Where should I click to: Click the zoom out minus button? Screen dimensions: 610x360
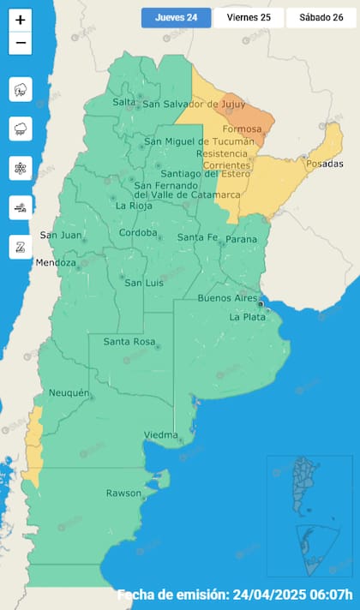pos(21,43)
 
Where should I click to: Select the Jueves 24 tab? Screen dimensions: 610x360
pos(176,17)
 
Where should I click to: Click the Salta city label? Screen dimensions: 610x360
pos(125,103)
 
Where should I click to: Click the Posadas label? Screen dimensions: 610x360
pos(323,164)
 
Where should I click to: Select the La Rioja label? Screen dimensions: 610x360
pos(134,206)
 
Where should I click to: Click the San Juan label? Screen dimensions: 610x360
pos(61,236)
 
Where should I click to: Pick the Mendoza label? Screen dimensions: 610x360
pos(57,262)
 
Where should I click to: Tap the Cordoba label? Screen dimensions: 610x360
pos(138,233)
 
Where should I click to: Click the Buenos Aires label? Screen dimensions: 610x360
pos(227,298)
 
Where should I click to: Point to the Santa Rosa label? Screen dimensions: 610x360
pos(129,343)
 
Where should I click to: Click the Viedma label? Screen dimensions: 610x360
pos(161,434)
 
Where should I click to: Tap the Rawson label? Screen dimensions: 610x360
pos(123,493)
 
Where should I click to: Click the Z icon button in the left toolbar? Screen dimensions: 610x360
pos(20,248)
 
